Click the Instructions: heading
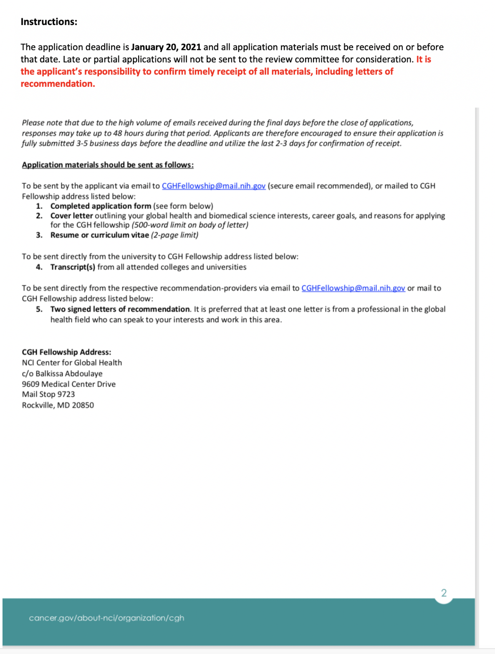[49, 22]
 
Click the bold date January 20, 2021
[166, 47]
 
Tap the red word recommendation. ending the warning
[58, 84]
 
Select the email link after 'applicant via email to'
[213, 186]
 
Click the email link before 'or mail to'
[353, 288]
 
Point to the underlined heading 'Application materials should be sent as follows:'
[108, 165]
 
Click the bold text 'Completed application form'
[101, 206]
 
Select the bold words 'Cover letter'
[71, 216]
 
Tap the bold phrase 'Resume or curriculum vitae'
[99, 235]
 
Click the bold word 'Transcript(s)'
[73, 267]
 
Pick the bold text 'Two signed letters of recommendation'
[120, 309]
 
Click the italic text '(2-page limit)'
[174, 235]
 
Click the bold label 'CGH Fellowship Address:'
[66, 352]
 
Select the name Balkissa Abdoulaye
[69, 374]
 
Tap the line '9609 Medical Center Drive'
[68, 384]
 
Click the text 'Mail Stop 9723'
[48, 395]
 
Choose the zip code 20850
[83, 405]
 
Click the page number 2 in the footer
[444, 593]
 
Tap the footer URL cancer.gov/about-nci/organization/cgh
[106, 618]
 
